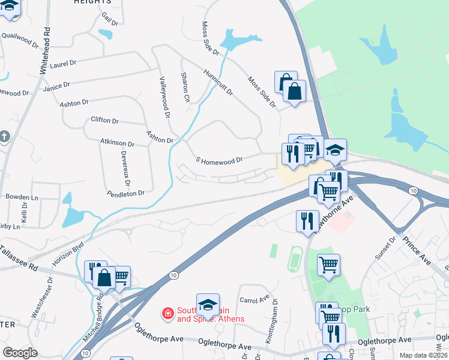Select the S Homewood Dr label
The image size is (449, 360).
pyautogui.click(x=219, y=160)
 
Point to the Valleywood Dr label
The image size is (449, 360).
pyautogui.click(x=164, y=96)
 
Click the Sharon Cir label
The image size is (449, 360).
pyautogui.click(x=185, y=88)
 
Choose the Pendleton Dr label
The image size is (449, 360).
pyautogui.click(x=126, y=193)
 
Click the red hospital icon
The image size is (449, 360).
pyautogui.click(x=167, y=313)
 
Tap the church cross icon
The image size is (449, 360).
pyautogui.click(x=5, y=137)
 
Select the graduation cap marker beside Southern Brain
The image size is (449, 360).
pyautogui.click(x=208, y=305)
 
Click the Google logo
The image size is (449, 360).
pyautogui.click(x=20, y=353)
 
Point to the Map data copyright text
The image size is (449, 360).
pyautogui.click(x=423, y=355)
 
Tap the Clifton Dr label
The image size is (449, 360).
pyautogui.click(x=104, y=121)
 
